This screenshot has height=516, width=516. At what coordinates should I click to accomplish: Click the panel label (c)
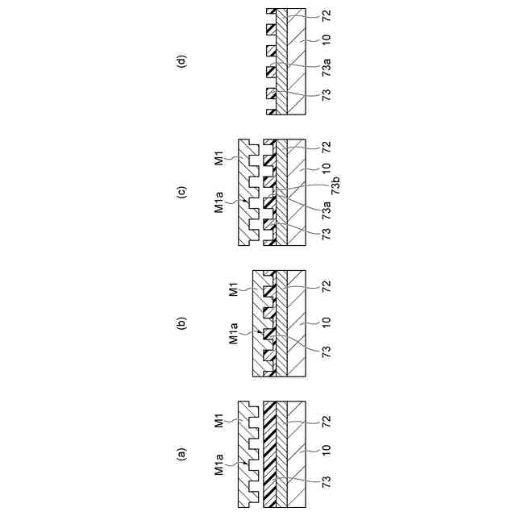pos(182,193)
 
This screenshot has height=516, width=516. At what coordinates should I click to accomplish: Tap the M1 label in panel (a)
pos(219,422)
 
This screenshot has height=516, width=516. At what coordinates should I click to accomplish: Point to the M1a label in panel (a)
pos(219,470)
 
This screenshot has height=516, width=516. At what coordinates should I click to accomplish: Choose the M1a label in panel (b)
pos(233,332)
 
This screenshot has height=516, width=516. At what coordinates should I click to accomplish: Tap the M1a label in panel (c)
pos(219,199)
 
